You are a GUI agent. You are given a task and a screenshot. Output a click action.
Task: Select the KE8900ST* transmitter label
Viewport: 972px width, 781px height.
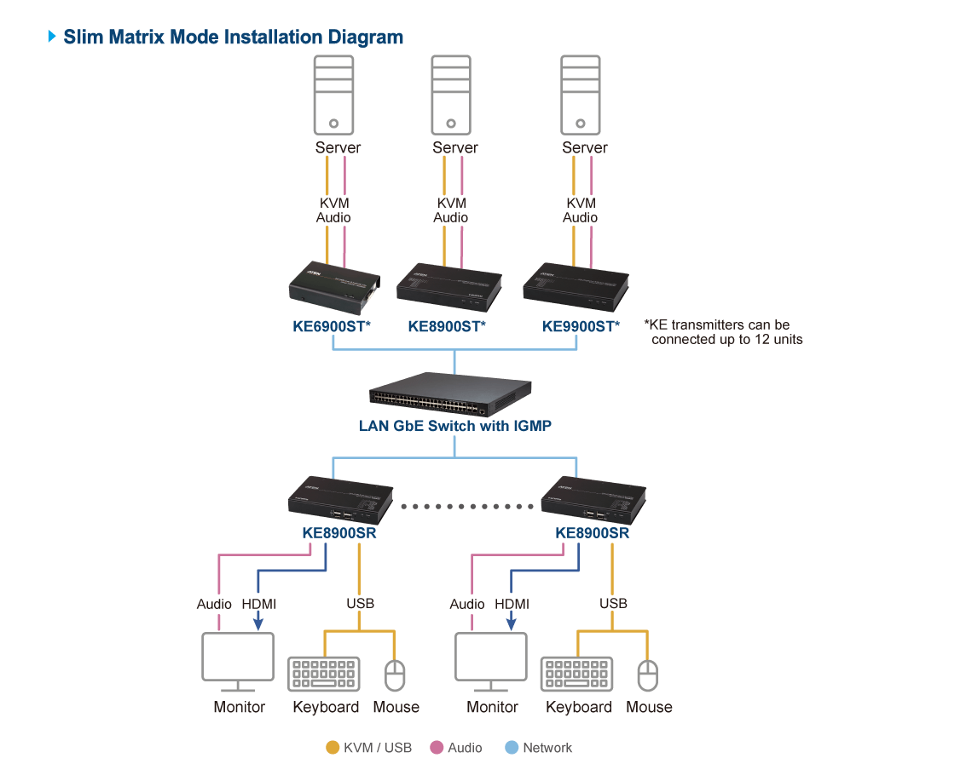click(446, 325)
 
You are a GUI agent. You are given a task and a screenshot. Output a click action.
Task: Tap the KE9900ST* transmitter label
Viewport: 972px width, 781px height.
click(581, 325)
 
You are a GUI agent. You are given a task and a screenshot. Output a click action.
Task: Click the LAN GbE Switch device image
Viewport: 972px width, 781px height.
click(453, 393)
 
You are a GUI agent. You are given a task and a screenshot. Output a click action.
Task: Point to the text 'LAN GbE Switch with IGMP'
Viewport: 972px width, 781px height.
click(454, 426)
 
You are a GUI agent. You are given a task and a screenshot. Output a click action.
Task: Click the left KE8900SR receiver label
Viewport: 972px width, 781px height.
click(339, 533)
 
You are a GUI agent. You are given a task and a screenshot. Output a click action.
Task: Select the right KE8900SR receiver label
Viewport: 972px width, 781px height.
click(592, 533)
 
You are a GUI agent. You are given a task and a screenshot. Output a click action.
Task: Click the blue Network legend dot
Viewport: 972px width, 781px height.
click(512, 748)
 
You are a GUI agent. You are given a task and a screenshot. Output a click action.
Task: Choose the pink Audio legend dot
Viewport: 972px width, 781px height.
click(437, 748)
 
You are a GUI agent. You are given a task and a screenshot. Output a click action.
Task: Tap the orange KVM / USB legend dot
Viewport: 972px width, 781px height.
click(333, 748)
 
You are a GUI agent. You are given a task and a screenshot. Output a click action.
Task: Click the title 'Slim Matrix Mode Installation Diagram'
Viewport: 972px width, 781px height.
click(233, 37)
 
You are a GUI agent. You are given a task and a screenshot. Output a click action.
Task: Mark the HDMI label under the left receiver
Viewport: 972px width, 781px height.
click(258, 604)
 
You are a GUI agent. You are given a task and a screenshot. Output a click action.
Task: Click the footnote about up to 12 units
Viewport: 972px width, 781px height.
click(722, 332)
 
